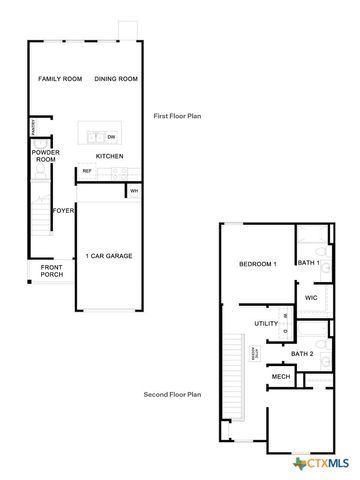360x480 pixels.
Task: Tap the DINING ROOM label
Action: tap(115, 79)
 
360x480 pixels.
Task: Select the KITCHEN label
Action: tap(109, 157)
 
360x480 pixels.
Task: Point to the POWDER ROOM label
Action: tap(46, 156)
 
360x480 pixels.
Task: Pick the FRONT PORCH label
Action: tap(52, 271)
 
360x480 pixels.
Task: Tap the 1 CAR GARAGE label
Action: tap(109, 255)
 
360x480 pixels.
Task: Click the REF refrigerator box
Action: tap(87, 171)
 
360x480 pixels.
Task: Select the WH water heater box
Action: tap(133, 190)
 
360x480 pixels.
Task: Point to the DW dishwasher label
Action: tap(111, 136)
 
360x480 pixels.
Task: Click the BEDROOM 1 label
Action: tap(257, 264)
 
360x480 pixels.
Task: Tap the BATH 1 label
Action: tap(308, 263)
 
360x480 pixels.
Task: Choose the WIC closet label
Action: tap(312, 297)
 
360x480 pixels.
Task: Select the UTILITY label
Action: tap(265, 323)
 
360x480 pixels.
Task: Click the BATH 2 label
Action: tap(302, 354)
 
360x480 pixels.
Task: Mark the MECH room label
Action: tap(281, 377)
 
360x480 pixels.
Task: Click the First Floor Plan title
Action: tap(177, 116)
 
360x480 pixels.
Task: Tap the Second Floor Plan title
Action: tap(172, 394)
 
